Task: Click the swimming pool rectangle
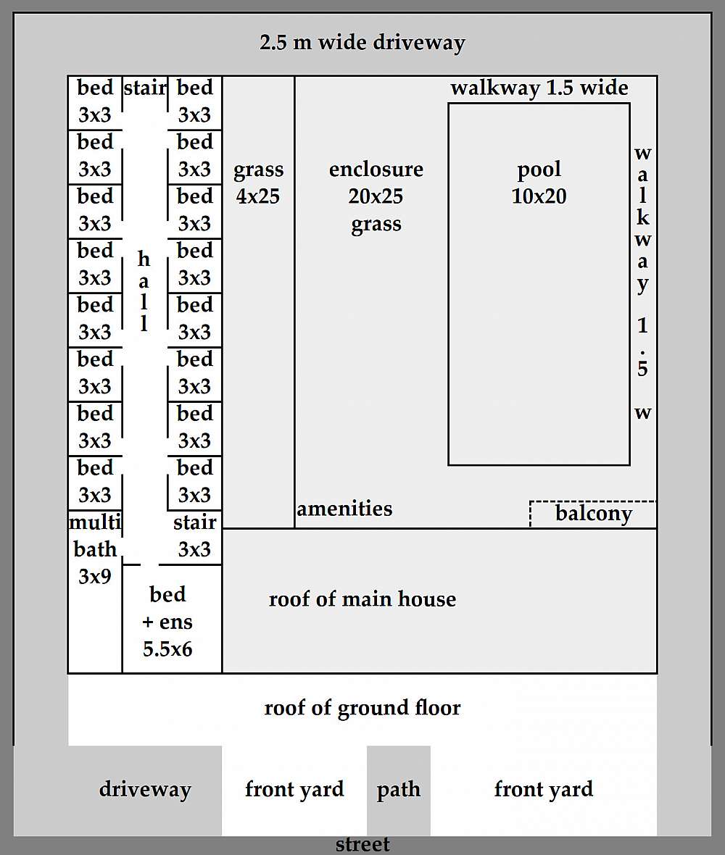pyautogui.click(x=539, y=304)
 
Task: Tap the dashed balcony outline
pyautogui.click(x=593, y=514)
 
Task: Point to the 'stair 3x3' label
pyautogui.click(x=194, y=535)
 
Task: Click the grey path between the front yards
pyautogui.click(x=398, y=790)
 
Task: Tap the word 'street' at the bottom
pyautogui.click(x=362, y=844)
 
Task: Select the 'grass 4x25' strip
pyautogui.click(x=258, y=183)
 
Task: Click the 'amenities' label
pyautogui.click(x=344, y=509)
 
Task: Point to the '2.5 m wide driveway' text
pyautogui.click(x=362, y=42)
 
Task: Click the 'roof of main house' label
pyautogui.click(x=362, y=599)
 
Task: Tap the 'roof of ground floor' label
pyautogui.click(x=362, y=707)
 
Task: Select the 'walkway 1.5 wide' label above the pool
pyautogui.click(x=539, y=88)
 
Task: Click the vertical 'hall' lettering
pyautogui.click(x=144, y=291)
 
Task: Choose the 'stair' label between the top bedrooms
pyautogui.click(x=145, y=88)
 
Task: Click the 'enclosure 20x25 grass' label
pyautogui.click(x=376, y=196)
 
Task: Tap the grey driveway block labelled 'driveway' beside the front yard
pyautogui.click(x=145, y=790)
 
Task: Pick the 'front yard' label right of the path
pyautogui.click(x=543, y=789)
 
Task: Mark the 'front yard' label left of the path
pyautogui.click(x=294, y=789)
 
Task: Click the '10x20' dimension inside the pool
pyautogui.click(x=539, y=196)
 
